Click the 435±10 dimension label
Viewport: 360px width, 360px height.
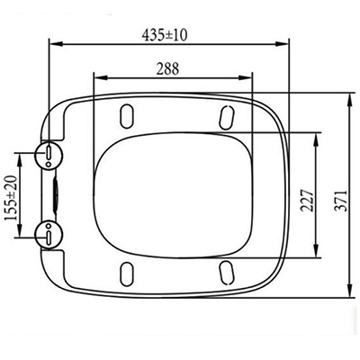[x=164, y=35]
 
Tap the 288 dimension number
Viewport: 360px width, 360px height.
[x=167, y=68]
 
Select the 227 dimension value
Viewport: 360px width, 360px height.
[x=308, y=201]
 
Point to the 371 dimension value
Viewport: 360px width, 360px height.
[x=341, y=201]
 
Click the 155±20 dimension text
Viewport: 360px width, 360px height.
[x=12, y=198]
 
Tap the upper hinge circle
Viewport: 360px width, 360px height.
[x=49, y=155]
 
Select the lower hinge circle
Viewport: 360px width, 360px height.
[x=49, y=235]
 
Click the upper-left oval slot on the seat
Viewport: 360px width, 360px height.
[x=127, y=116]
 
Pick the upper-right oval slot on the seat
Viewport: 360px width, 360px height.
[x=227, y=118]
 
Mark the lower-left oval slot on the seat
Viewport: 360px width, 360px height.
[x=127, y=274]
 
